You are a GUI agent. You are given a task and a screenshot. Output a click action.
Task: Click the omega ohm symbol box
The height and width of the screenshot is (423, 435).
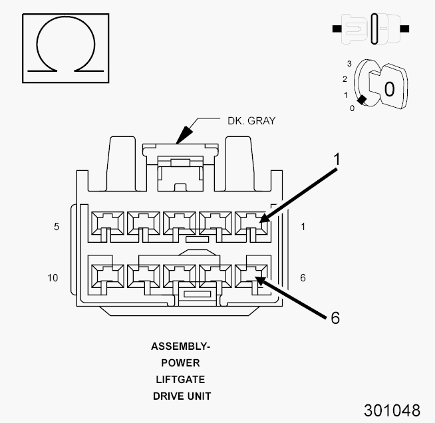[65, 45]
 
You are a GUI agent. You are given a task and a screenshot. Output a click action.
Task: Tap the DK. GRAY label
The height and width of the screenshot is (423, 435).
[247, 121]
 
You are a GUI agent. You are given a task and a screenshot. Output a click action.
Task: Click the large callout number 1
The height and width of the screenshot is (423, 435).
[337, 160]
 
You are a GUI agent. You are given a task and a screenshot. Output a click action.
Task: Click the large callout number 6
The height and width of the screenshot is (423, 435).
[335, 318]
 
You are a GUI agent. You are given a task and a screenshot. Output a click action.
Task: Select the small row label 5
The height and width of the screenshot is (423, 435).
[57, 227]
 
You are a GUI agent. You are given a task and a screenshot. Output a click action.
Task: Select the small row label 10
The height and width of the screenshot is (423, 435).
[53, 277]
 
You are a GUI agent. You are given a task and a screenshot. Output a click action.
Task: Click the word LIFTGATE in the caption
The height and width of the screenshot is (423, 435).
[180, 379]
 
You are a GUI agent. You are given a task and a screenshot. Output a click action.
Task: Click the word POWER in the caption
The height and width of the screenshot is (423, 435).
[180, 363]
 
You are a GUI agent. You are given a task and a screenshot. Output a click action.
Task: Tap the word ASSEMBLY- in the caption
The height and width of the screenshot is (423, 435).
[180, 347]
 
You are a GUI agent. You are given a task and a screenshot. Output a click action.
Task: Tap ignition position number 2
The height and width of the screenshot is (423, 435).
[345, 79]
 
